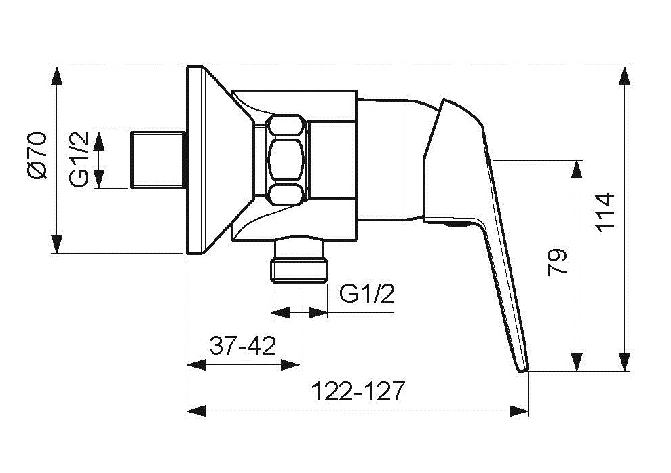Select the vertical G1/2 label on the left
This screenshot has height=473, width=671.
pyautogui.click(x=80, y=159)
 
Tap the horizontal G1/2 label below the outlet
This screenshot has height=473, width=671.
pyautogui.click(x=366, y=294)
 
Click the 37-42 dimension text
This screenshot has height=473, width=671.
pyautogui.click(x=242, y=347)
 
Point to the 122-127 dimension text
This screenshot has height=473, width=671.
pyautogui.click(x=358, y=392)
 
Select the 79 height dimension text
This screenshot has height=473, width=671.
pyautogui.click(x=557, y=263)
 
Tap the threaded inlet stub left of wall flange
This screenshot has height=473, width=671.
pyautogui.click(x=157, y=160)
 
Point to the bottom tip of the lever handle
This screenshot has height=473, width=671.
pyautogui.click(x=522, y=366)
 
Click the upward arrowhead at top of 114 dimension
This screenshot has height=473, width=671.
pyautogui.click(x=624, y=75)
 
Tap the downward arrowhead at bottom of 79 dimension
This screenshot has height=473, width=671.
pyautogui.click(x=577, y=362)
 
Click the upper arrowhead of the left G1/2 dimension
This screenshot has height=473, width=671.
pyautogui.click(x=99, y=140)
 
